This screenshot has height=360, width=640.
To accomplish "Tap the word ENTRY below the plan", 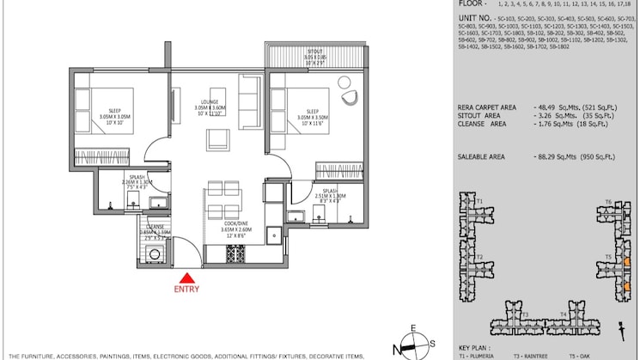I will pos(186,290).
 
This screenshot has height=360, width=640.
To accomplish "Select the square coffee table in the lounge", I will pos(215,140).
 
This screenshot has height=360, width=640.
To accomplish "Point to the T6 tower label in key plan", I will pos(607,202).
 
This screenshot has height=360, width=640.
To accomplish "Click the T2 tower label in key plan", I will pos(478,257).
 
